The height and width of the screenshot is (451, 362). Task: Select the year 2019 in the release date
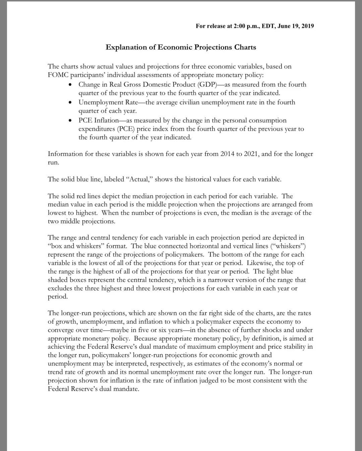[x=307, y=26]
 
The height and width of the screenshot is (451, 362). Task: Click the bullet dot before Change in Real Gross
[x=70, y=84]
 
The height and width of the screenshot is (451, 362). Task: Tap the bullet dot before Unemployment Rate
[x=70, y=102]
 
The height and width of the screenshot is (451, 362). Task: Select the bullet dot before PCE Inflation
[x=70, y=120]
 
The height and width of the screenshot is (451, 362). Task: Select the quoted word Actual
[x=139, y=179]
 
